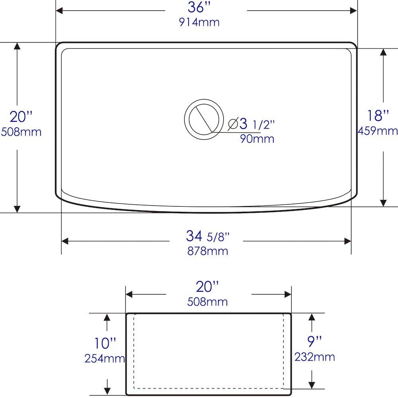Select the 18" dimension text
point(378,116)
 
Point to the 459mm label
point(378,131)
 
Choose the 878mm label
point(208,251)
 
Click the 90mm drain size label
point(257,139)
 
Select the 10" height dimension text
point(105,343)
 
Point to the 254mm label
point(105,359)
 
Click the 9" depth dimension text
point(314,341)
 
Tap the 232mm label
point(314,357)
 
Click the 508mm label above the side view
point(207,302)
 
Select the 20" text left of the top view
point(21,117)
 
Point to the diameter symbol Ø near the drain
point(233,124)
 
